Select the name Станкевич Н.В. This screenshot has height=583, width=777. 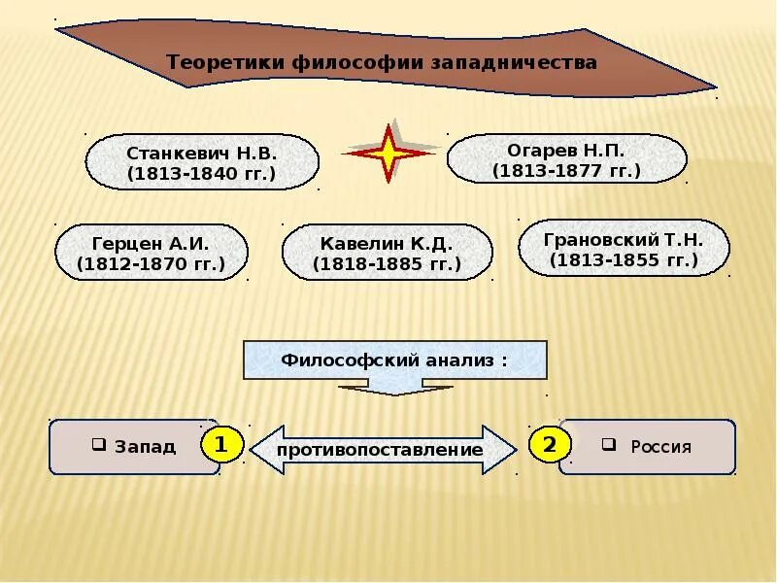202,154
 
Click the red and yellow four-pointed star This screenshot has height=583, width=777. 388,153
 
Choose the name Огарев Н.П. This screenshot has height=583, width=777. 566,151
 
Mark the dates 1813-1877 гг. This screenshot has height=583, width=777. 566,171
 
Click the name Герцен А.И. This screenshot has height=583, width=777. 151,243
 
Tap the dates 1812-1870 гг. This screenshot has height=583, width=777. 151,263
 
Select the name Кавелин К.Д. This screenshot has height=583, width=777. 387,243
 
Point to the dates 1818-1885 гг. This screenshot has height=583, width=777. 387,263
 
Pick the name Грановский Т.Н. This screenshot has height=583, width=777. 625,239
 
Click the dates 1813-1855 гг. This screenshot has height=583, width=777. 625,259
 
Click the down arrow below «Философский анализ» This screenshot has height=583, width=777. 395,387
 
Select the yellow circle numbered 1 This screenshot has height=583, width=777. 220,445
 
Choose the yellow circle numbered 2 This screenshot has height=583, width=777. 550,445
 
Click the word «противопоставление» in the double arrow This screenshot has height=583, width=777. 380,450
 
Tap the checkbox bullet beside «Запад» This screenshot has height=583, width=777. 99,444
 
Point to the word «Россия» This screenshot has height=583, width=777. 660,447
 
